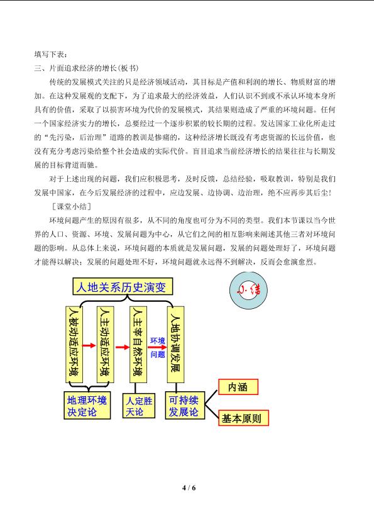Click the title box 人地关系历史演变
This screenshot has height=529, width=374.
[123, 286]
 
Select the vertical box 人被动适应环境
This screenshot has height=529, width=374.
[74, 345]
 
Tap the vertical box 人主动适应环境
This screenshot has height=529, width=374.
[105, 345]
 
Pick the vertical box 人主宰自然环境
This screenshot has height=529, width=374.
[138, 345]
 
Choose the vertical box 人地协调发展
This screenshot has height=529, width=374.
[176, 345]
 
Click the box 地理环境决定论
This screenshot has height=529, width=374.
[87, 406]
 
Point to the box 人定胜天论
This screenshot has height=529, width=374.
[139, 406]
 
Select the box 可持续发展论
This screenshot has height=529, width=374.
[185, 406]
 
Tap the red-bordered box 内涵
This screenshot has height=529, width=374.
[238, 387]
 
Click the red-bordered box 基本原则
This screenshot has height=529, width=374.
[243, 418]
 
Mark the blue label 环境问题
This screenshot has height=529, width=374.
[158, 348]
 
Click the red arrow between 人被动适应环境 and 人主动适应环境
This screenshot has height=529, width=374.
[89, 345]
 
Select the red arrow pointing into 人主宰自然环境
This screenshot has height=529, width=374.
[123, 347]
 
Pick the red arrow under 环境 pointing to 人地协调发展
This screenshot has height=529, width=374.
[158, 347]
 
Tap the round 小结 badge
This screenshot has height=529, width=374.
[248, 291]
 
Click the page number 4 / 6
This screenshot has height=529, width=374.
[189, 488]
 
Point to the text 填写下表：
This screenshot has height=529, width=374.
[50, 54]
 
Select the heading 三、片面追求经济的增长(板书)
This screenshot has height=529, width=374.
[86, 68]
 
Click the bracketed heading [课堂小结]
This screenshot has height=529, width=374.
[72, 206]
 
